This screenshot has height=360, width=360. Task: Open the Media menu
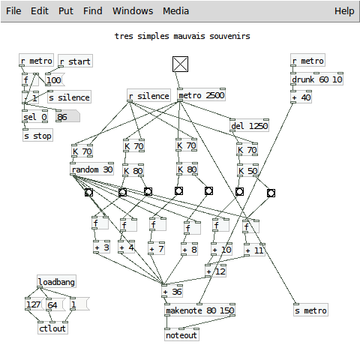[175, 11]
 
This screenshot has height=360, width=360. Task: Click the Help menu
[344, 11]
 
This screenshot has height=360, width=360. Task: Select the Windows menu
[133, 11]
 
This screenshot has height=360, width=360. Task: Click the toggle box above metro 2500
[180, 64]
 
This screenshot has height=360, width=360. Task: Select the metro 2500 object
[201, 95]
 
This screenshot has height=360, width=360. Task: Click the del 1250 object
[249, 125]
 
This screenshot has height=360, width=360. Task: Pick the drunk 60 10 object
[316, 79]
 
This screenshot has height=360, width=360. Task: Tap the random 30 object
[92, 169]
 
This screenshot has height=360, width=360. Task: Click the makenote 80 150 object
[199, 310]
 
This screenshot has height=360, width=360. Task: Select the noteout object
[181, 334]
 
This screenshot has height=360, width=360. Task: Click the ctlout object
[52, 328]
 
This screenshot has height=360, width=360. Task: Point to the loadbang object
[56, 282]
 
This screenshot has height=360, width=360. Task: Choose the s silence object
[70, 97]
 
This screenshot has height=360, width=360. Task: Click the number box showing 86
[67, 116]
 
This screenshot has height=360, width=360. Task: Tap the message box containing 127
[34, 304]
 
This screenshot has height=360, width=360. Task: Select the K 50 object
[247, 170]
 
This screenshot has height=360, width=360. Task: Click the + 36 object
[172, 291]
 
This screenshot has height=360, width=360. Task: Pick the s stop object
[37, 136]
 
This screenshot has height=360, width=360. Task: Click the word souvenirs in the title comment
[229, 36]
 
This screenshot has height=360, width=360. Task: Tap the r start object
[76, 61]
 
